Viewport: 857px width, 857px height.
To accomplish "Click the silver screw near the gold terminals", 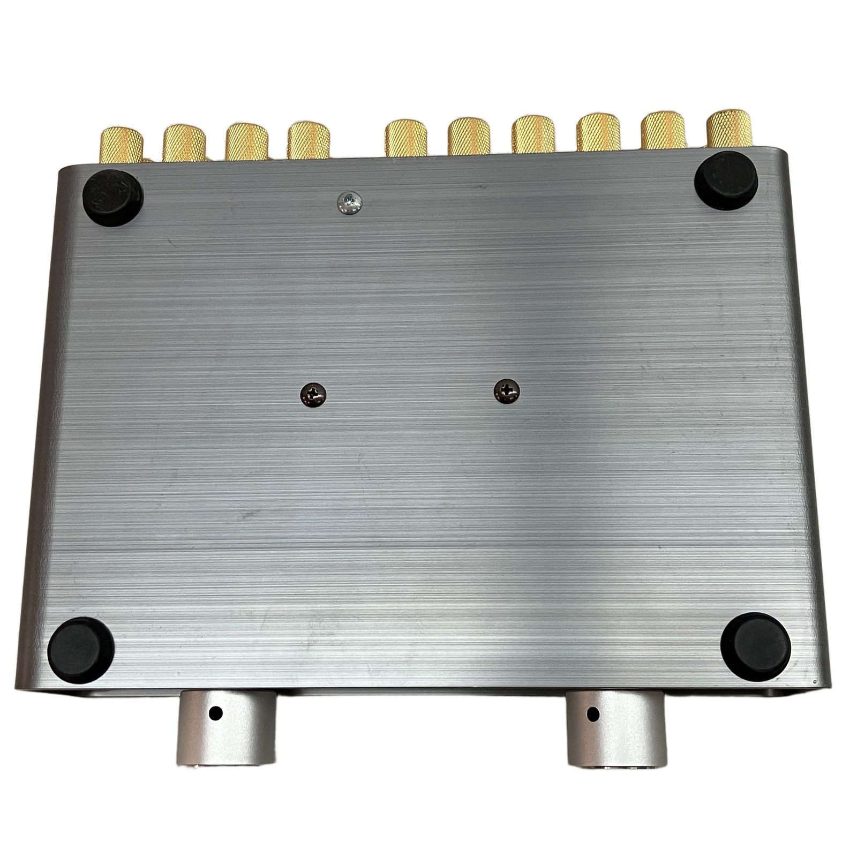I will point(348,201).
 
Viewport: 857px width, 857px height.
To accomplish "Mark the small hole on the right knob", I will point(593,713).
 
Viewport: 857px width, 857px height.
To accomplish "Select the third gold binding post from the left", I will point(246,142).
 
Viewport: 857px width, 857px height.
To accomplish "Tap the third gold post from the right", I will point(599,137).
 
